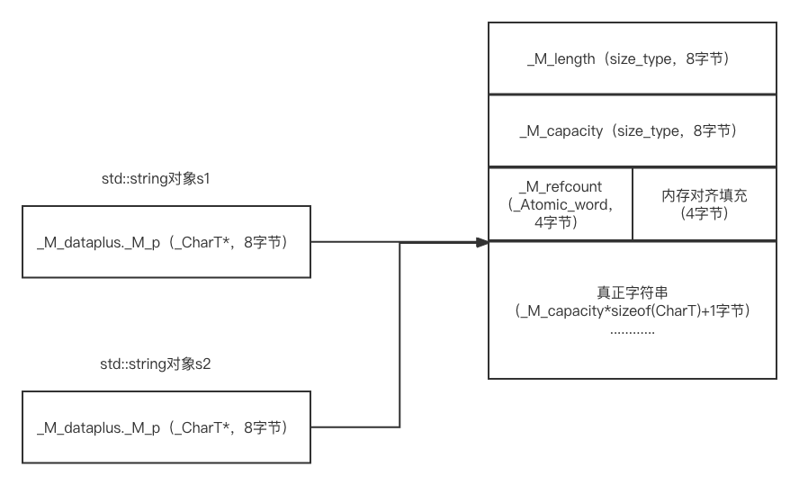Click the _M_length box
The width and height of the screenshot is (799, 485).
632,58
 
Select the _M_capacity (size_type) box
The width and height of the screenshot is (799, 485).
632,130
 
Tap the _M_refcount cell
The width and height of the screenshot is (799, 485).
560,203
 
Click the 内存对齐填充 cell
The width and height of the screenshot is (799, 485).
704,203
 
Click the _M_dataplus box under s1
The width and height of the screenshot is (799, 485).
166,241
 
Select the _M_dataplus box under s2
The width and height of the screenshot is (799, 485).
166,427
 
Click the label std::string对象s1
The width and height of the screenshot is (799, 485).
156,178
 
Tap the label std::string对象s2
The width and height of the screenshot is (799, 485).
156,364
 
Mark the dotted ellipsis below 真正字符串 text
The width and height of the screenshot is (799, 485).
632,331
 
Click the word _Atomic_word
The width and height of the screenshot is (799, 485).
561,204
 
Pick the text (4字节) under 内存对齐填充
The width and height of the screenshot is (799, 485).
704,213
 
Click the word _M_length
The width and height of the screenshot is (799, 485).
561,59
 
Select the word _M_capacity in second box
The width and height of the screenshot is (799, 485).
561,131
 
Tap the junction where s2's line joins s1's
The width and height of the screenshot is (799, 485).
399,241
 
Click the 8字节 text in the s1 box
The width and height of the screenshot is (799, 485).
263,242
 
